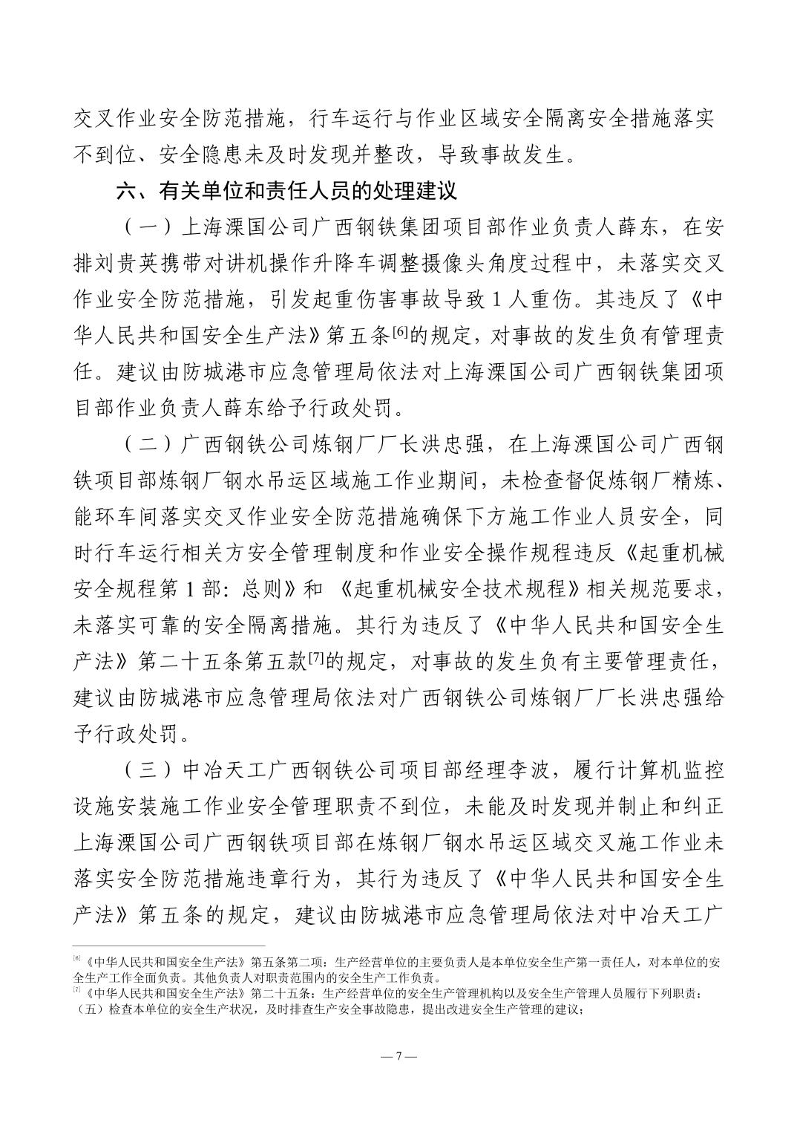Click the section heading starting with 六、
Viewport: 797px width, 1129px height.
click(286, 192)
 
